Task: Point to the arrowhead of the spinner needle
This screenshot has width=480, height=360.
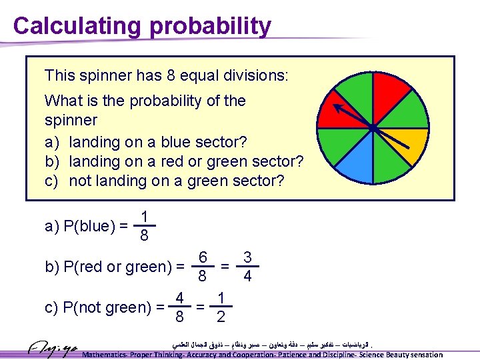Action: click(x=337, y=107)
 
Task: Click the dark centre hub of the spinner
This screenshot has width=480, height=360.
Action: click(x=373, y=127)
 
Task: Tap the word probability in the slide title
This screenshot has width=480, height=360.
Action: click(x=211, y=26)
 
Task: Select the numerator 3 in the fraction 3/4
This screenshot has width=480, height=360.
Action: click(x=247, y=257)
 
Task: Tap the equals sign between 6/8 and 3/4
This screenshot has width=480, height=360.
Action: click(x=225, y=267)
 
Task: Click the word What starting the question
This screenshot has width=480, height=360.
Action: click(x=62, y=101)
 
